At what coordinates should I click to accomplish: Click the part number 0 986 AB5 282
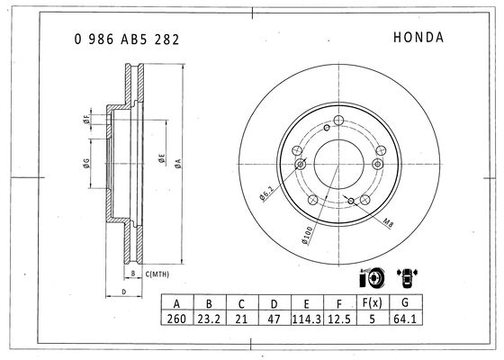coord(127,40)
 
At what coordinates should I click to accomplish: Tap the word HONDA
coord(418,37)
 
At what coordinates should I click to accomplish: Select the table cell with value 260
coord(176,319)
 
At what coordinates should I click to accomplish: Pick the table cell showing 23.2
coord(209,319)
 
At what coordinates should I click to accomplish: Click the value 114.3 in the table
coord(307,319)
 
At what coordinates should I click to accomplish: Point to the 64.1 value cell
coord(405,319)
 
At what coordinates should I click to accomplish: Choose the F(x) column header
coord(373,302)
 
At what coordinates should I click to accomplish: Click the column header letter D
coord(274,303)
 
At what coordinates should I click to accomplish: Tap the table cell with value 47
coord(274,319)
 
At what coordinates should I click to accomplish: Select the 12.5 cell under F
coord(339,319)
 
